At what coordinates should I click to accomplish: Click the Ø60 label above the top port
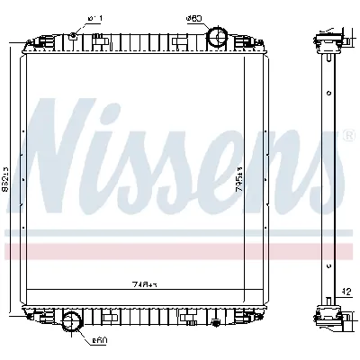click(x=193, y=17)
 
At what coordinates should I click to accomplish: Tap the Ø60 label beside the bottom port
click(x=99, y=341)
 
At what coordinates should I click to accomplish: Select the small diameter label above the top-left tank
click(x=96, y=18)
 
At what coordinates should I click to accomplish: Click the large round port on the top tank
click(x=217, y=37)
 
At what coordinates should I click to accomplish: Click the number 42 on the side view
click(x=346, y=291)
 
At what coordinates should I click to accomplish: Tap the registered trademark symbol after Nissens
click(x=347, y=136)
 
